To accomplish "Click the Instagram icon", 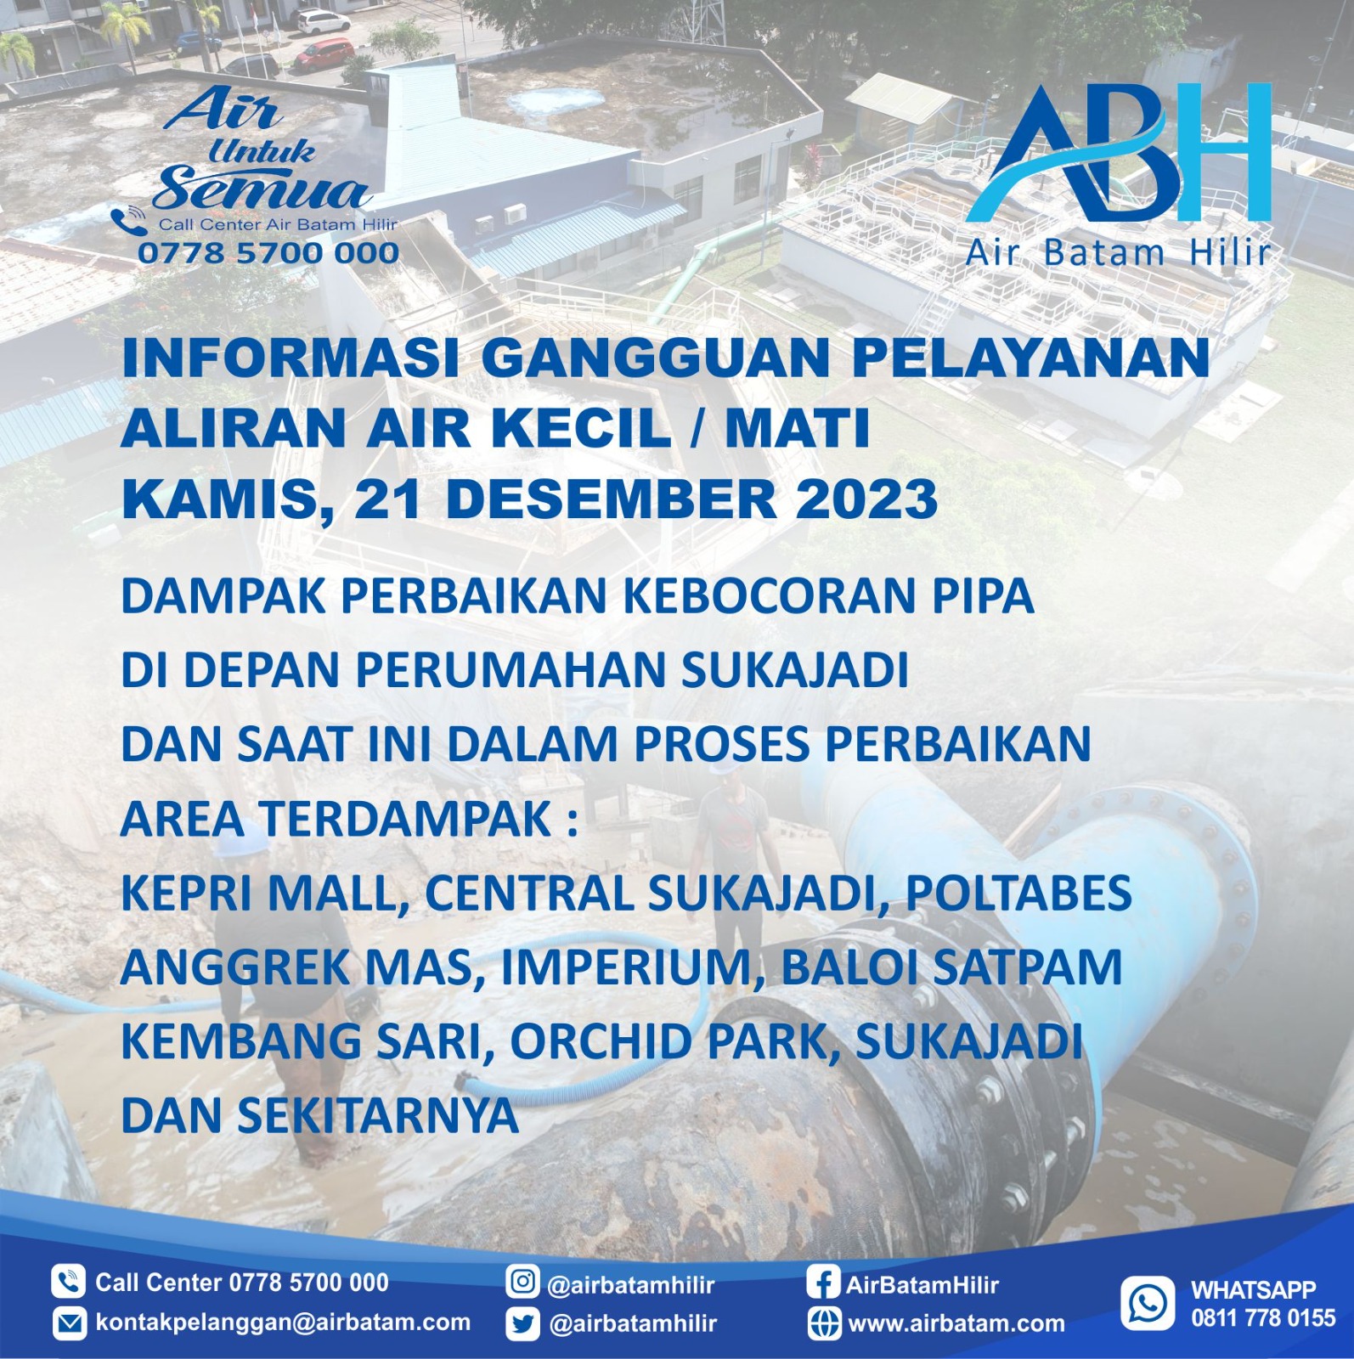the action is pos(522,1282).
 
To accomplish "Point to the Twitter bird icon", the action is pos(522,1323).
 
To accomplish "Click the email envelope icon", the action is pos(69,1323).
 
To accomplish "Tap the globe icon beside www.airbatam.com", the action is pos(824,1323).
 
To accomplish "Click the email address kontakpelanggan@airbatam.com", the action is pos(283,1322).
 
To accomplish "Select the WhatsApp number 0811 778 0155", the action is pos(1263,1318).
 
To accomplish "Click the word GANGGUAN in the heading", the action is pos(656,358).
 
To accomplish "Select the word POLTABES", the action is pos(1018,893).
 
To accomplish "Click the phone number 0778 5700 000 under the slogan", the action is pos(268,252).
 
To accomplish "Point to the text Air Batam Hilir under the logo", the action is pos(1118,252).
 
